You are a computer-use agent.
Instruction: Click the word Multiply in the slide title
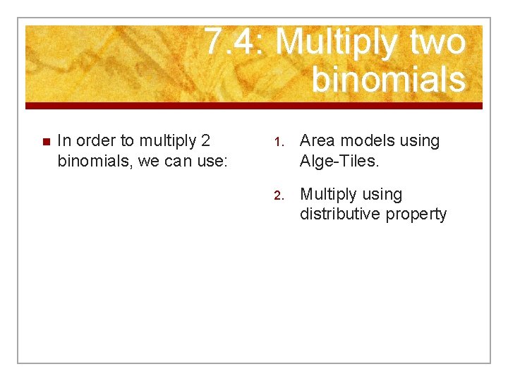[x=336, y=42]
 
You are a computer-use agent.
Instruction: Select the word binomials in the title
[x=388, y=79]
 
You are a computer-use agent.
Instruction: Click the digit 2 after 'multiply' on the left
[x=205, y=141]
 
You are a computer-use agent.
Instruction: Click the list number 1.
[x=278, y=142]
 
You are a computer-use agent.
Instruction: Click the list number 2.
[x=278, y=195]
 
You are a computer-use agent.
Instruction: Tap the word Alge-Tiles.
[x=339, y=161]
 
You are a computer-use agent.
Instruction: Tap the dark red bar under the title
[x=254, y=106]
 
